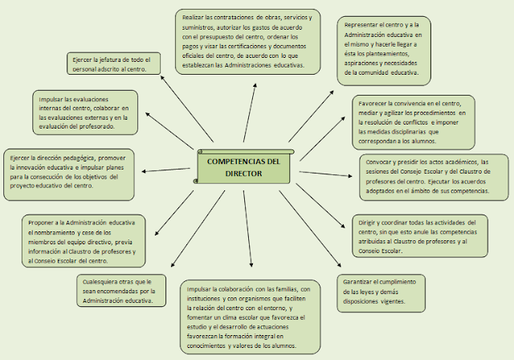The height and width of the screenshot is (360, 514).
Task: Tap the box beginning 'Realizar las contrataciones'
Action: [x=246, y=41]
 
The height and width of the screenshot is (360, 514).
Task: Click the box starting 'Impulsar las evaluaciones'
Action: [x=86, y=113]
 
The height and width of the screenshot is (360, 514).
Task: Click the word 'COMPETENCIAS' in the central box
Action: [x=237, y=162]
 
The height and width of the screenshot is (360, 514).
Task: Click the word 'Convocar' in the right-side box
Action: [x=381, y=161]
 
